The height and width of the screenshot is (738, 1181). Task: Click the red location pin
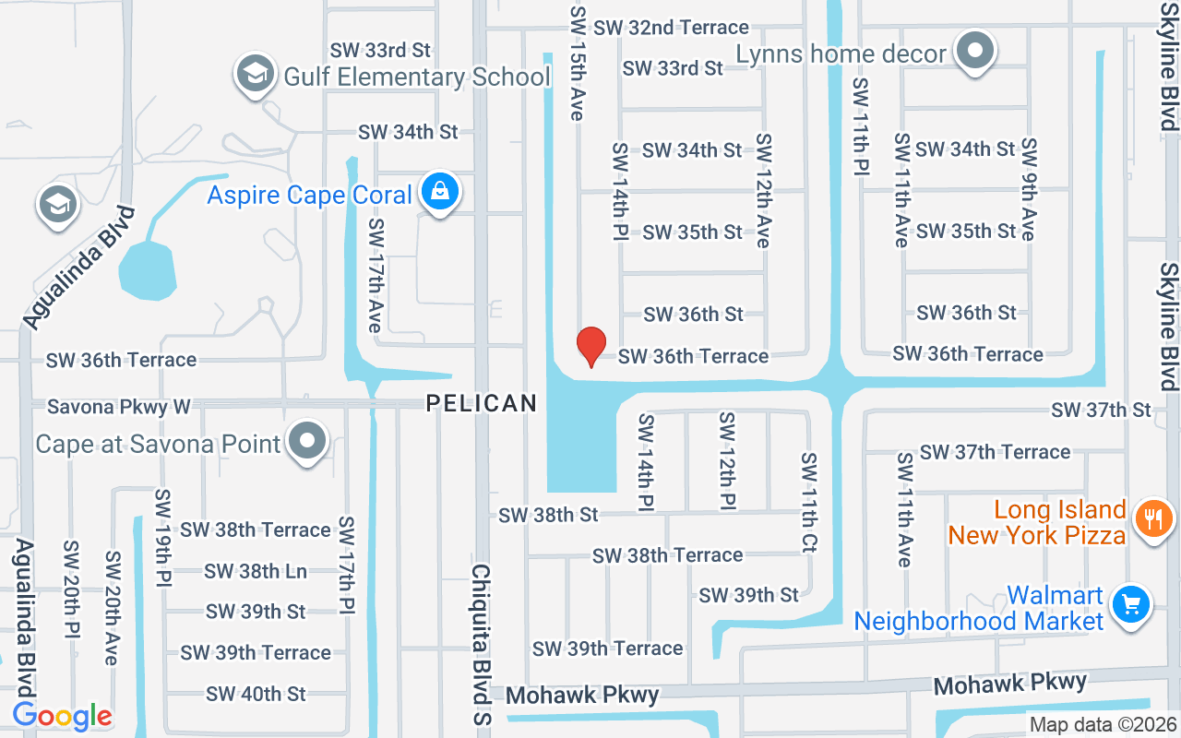pos(590,347)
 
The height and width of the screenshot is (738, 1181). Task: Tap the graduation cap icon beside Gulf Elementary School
pos(256,76)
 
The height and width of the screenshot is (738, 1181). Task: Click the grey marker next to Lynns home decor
pos(974,52)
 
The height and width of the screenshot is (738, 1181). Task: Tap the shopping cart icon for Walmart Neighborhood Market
pos(1130,605)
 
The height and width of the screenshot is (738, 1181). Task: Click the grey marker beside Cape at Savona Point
pos(306,443)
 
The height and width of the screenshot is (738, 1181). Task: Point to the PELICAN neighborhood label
pos(481,403)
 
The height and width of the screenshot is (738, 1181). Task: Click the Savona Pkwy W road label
pos(118,406)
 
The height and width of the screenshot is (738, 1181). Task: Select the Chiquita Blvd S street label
pos(481,643)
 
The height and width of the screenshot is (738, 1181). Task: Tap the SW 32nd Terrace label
pos(671,28)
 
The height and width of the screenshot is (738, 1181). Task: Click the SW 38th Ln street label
pos(256,571)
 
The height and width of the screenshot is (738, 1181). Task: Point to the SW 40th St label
pos(256,693)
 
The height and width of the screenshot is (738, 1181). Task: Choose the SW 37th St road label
pos(1101,409)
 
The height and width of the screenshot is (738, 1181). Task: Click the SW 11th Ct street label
pos(809,503)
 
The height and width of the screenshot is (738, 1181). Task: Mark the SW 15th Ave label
pos(579,63)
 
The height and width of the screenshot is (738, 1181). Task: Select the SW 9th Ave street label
pos(1028,189)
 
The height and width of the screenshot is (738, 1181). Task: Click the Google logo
pos(62,716)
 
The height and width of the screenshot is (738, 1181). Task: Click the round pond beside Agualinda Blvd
pos(147,270)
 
